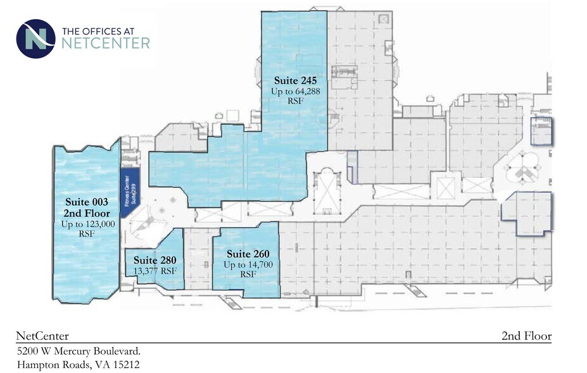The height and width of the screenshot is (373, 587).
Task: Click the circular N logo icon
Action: point(35,38)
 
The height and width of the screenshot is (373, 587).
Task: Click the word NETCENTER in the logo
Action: point(106,43)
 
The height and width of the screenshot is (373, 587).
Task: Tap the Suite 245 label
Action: point(295,81)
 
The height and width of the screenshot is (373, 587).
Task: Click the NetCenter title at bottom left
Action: point(42,336)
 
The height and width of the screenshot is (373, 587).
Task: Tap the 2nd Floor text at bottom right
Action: point(526,336)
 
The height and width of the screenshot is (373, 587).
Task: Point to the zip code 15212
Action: point(125,365)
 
